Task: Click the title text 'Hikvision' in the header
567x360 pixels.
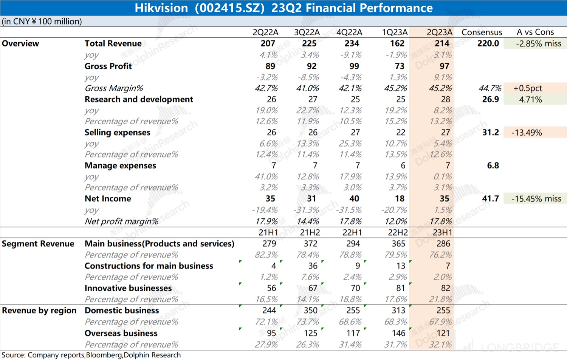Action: [x=161, y=8]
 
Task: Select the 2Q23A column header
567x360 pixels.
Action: [x=439, y=32]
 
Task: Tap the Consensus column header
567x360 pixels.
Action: [x=482, y=32]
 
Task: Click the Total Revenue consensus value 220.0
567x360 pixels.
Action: [x=488, y=43]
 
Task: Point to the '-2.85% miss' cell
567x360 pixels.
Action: [x=539, y=43]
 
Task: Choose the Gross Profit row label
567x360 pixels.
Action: [x=108, y=66]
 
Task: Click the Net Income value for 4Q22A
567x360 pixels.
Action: [x=354, y=199]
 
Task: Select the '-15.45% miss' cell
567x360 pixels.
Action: [x=536, y=199]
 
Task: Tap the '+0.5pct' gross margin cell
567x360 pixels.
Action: [x=528, y=88]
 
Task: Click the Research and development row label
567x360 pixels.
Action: [x=139, y=99]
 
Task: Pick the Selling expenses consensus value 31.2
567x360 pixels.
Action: [x=490, y=133]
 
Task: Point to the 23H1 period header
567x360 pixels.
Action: [x=443, y=232]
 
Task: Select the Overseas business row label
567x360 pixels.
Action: [x=121, y=333]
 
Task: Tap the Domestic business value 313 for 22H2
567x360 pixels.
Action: [x=398, y=311]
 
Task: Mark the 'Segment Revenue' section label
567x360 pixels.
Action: [x=38, y=244]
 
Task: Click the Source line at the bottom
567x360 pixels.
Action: [x=91, y=355]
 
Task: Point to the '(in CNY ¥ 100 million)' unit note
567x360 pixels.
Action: [x=42, y=22]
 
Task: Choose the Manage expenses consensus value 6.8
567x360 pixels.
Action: [x=493, y=165]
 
